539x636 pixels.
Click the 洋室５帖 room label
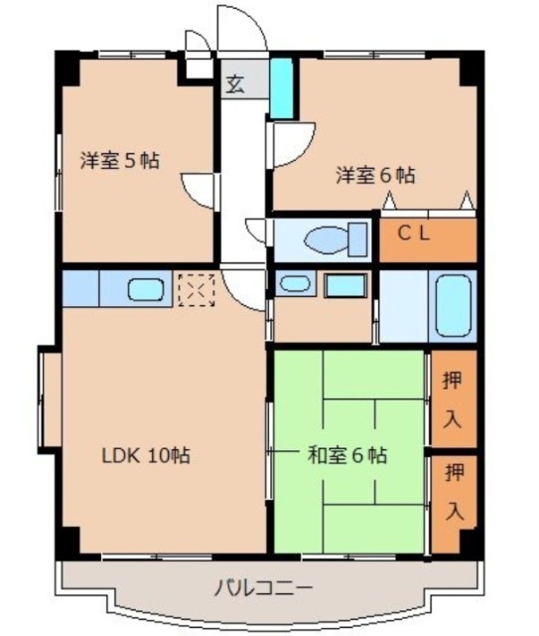pos(120,159)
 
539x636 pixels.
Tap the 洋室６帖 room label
pos(374,176)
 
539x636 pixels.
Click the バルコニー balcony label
pos(262,588)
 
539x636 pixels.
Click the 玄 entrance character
pos(236,84)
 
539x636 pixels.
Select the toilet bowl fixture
pos(329,238)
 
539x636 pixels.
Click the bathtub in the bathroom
pos(453,306)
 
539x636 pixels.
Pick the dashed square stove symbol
pos(195,289)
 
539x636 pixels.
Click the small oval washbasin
pos(295,284)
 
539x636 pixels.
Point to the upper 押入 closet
pos(452,397)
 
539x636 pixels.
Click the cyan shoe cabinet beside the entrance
pos(281,87)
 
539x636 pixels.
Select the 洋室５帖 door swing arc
pos(199,189)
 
